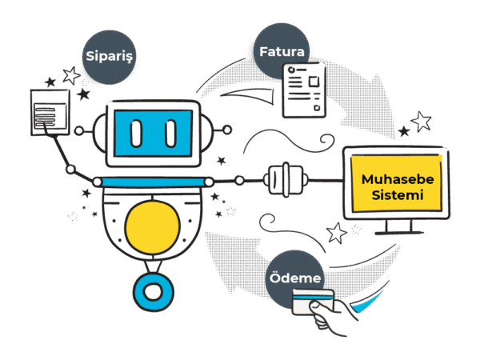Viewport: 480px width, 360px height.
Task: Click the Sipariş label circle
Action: pos(107,58)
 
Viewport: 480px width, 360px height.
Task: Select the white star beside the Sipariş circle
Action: pos(70,76)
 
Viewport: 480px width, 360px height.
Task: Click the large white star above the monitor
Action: pos(422,122)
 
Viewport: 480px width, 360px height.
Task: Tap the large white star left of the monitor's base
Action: pos(337,234)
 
